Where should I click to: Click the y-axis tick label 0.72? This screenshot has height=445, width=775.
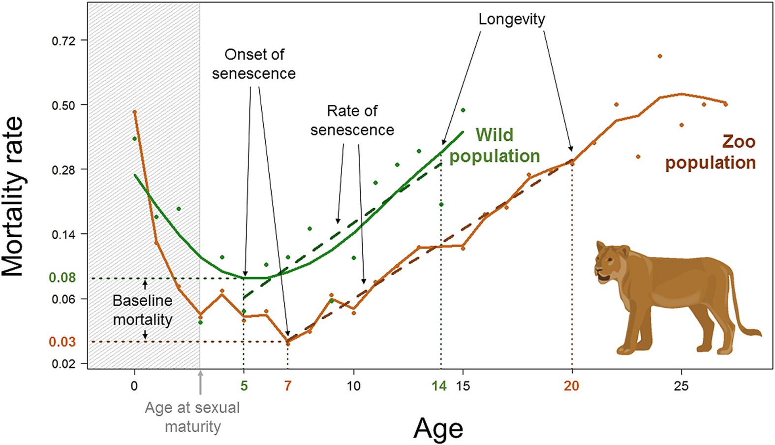(63, 40)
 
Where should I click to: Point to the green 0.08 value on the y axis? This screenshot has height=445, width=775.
(62, 278)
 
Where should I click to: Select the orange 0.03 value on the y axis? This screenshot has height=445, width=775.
(62, 342)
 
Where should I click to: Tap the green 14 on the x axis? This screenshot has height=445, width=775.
(439, 386)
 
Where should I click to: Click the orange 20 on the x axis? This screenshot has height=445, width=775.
(571, 386)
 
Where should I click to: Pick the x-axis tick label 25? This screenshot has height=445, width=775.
(681, 386)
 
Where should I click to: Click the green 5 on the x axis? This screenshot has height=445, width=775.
(244, 386)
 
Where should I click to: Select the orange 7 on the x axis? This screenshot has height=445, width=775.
(288, 386)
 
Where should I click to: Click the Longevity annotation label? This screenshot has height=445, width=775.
(512, 19)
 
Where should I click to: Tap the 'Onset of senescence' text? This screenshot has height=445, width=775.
(254, 64)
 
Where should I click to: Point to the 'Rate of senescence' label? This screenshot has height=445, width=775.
(352, 121)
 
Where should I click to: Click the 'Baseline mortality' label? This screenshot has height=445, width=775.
(143, 310)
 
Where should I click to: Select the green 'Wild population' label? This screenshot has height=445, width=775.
(495, 146)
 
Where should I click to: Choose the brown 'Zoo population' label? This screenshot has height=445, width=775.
(711, 152)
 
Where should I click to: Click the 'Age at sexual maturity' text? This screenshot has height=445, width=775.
(192, 417)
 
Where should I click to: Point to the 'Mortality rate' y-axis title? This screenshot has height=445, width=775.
(13, 197)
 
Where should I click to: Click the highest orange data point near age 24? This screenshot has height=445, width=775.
(659, 56)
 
